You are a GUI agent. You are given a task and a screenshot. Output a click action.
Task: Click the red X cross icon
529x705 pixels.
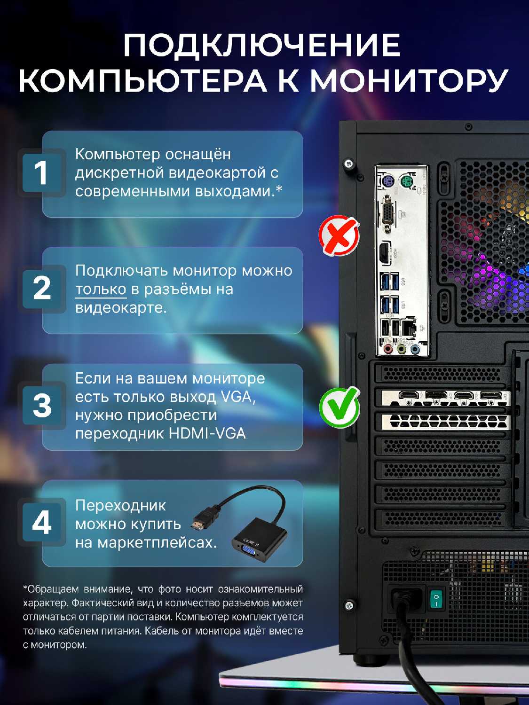[x=339, y=236]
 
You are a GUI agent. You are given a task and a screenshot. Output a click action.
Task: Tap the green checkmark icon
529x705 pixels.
[x=340, y=407]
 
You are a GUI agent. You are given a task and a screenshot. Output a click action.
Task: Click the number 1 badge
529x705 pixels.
[x=41, y=173]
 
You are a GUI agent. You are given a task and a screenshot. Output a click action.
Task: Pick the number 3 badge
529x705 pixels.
[x=41, y=406]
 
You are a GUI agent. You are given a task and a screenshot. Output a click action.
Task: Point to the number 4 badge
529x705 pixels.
[x=41, y=523]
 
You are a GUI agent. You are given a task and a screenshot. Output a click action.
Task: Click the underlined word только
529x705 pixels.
[x=101, y=290]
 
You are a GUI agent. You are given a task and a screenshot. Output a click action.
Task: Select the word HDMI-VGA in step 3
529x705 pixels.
[x=207, y=434]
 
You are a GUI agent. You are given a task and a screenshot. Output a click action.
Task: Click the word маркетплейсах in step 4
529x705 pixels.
[x=157, y=543]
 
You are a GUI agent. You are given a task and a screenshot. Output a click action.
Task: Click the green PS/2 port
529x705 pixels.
[x=406, y=181]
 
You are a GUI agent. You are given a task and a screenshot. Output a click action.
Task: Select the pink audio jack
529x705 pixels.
[x=388, y=348]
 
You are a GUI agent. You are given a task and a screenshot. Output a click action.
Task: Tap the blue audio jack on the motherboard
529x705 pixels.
[x=415, y=349]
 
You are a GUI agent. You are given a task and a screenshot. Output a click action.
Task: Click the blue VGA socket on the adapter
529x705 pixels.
[x=249, y=550]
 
